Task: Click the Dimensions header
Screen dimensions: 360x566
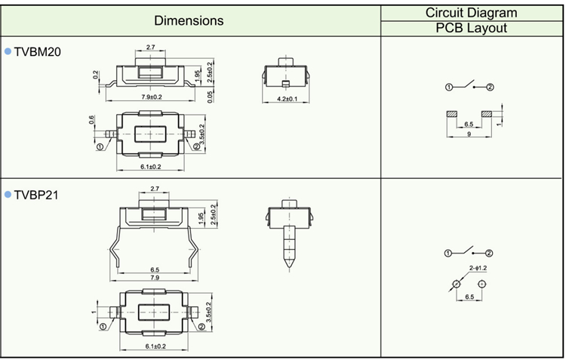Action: pyautogui.click(x=189, y=20)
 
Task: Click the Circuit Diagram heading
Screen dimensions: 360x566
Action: pyautogui.click(x=472, y=13)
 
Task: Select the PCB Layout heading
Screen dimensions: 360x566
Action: pyautogui.click(x=472, y=29)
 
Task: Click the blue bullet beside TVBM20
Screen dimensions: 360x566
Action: pyautogui.click(x=8, y=51)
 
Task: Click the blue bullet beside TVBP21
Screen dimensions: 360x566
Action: pyautogui.click(x=8, y=195)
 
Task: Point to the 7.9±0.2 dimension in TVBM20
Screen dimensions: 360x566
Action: pyautogui.click(x=152, y=97)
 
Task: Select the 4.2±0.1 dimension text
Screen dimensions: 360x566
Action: pyautogui.click(x=288, y=100)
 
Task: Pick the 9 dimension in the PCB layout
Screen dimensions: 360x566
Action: pyautogui.click(x=469, y=134)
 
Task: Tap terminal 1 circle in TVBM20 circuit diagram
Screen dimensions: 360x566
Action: pyautogui.click(x=449, y=88)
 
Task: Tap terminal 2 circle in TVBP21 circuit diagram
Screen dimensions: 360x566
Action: pyautogui.click(x=489, y=253)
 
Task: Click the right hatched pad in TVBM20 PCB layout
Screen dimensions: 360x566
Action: pyautogui.click(x=487, y=114)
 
